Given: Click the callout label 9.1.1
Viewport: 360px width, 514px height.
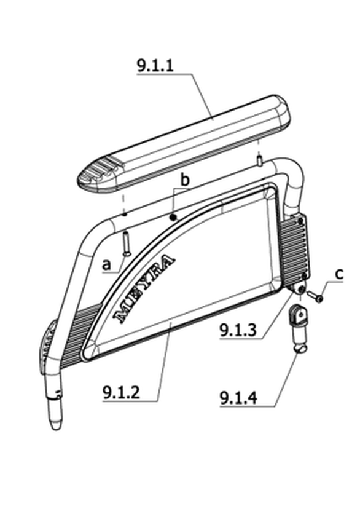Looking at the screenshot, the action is tap(155, 66).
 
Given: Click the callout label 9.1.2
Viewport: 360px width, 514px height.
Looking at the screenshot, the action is tap(121, 392).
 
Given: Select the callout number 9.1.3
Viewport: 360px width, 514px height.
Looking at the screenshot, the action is tap(238, 330).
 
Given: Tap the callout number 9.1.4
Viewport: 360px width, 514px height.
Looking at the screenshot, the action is tap(238, 398).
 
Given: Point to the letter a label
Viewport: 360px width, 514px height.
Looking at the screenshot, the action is tap(106, 264).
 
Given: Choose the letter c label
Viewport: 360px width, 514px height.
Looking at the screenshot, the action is tap(339, 274).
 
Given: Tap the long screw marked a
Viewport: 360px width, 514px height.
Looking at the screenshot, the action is tap(127, 243).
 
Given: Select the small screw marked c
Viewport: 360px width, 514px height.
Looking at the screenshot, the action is tap(315, 296).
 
